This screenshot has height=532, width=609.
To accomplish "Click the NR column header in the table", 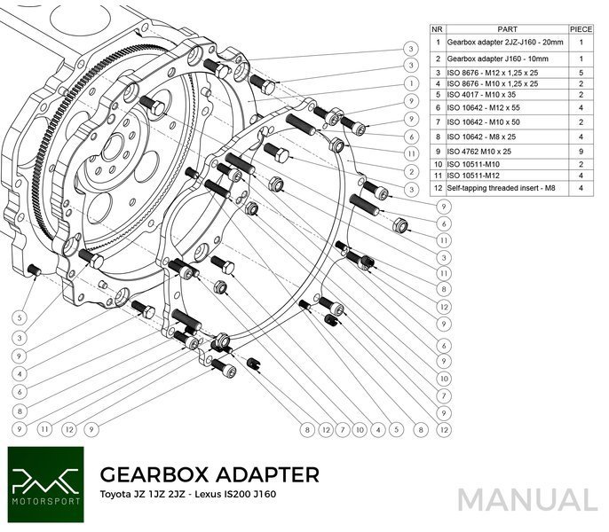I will pos(438,27).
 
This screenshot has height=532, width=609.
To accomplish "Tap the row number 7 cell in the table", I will pos(438,121).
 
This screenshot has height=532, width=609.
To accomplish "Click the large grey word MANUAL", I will pos(526,499).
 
